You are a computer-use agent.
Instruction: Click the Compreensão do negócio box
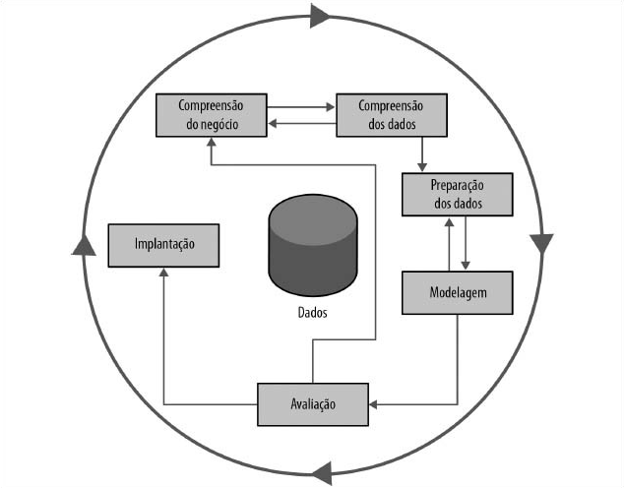212,115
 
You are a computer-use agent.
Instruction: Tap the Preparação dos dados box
457,194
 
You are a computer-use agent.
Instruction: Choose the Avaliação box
312,404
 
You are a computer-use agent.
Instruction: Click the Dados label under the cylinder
312,314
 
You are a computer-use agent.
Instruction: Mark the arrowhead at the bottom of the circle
322,471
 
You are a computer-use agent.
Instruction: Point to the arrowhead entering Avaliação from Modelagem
374,403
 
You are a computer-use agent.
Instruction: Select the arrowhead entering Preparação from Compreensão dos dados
422,166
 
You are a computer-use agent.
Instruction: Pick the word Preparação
457,186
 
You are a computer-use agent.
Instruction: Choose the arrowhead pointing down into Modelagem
465,265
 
